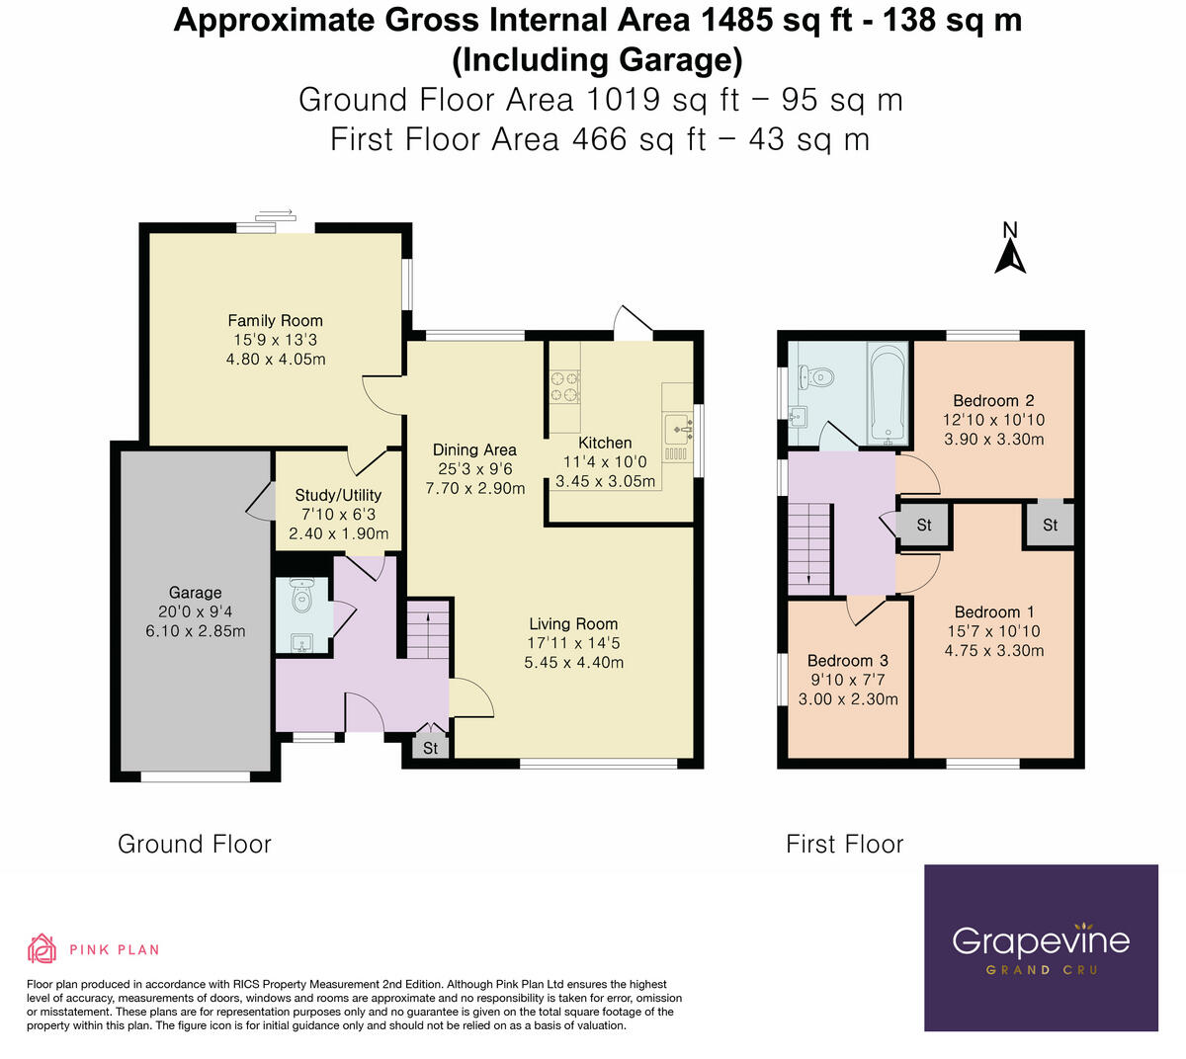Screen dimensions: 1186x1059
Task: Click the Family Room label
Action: (x=275, y=321)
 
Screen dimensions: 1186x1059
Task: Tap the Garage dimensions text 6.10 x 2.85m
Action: (x=195, y=631)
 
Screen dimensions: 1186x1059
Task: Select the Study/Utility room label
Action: (x=338, y=495)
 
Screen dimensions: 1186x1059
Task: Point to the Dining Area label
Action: (x=474, y=449)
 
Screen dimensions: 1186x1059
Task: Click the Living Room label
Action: (x=573, y=623)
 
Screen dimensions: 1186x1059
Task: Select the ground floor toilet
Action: (x=301, y=595)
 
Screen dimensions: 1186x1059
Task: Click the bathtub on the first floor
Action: (x=889, y=391)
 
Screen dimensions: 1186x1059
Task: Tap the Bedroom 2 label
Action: (x=993, y=401)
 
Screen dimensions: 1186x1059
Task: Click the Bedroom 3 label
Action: (x=848, y=661)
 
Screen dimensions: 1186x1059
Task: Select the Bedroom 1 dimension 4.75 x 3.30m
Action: (x=994, y=651)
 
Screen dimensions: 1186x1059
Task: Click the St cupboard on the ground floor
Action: (x=430, y=748)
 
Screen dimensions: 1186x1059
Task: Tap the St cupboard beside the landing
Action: (x=924, y=525)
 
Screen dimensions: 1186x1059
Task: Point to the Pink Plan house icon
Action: (x=42, y=948)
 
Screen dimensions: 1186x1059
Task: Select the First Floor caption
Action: (x=844, y=845)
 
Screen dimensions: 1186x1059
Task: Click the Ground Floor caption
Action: (x=195, y=845)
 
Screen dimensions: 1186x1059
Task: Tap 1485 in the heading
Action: (x=736, y=21)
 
